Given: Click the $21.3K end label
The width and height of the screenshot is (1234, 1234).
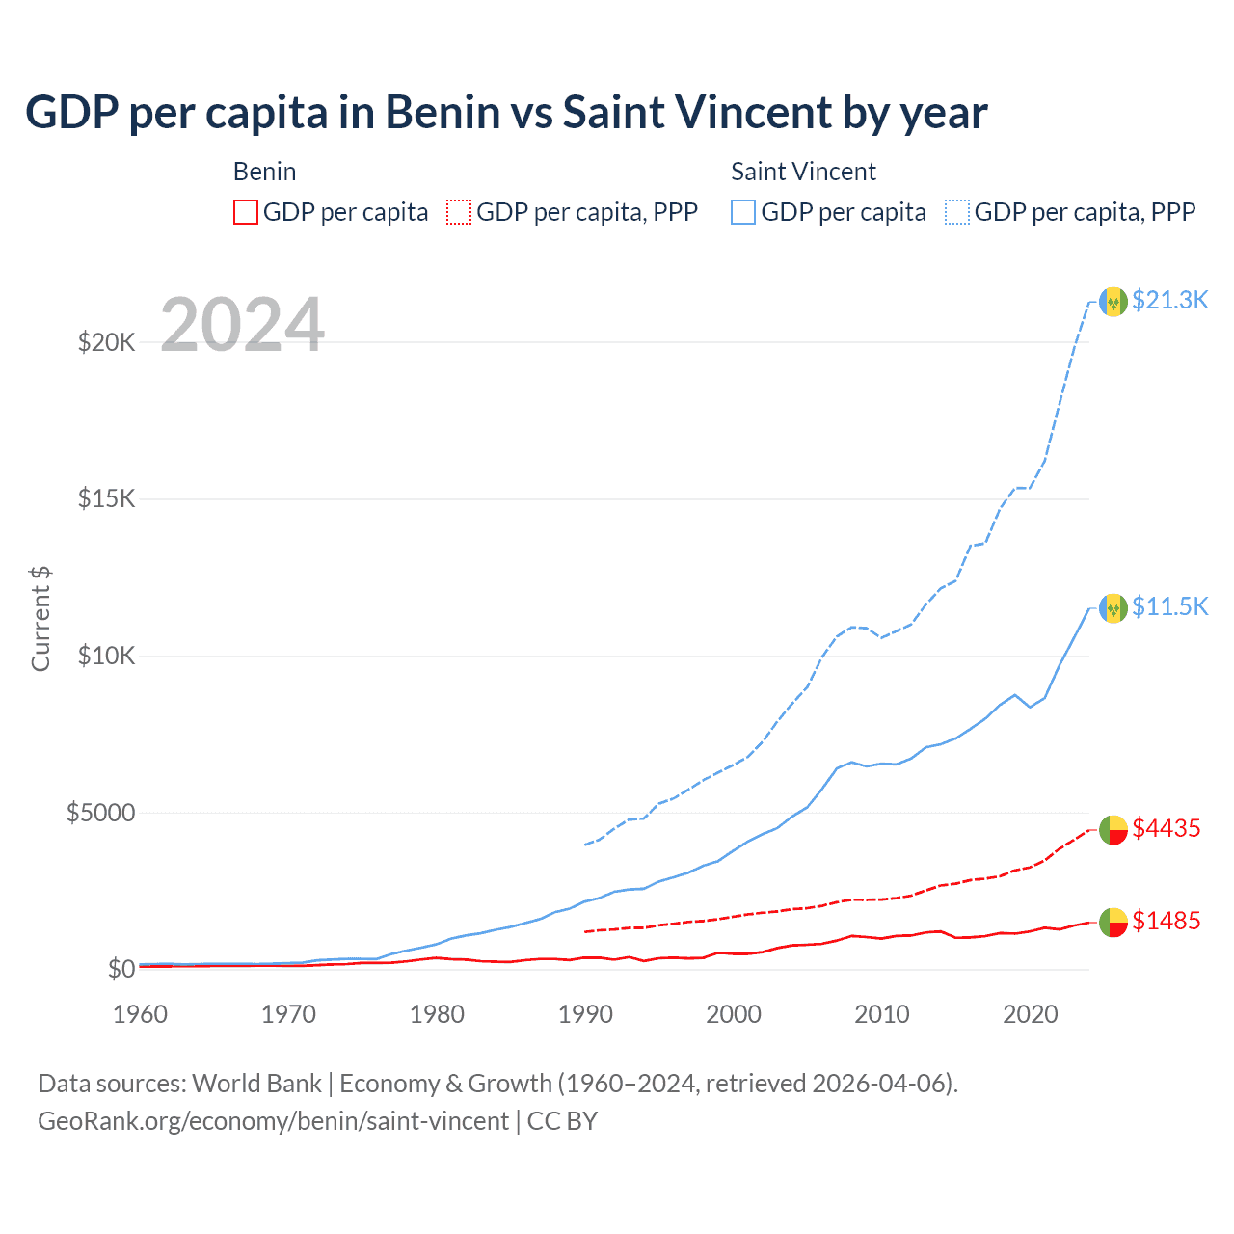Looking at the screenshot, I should coord(1169,300).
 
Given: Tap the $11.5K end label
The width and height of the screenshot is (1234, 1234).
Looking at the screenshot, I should coord(1169,606).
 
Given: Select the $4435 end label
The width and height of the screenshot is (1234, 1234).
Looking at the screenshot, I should coord(1166,828).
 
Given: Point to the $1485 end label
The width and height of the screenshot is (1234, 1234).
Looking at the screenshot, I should coord(1166,921).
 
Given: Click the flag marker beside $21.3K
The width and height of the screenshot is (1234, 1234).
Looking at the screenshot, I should coord(1113,302).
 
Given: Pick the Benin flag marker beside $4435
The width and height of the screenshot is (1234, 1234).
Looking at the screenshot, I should coord(1113,829).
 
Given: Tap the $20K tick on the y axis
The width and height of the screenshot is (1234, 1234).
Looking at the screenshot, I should coord(106,342).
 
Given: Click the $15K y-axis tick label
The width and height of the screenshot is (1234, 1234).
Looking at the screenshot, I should coord(106,499).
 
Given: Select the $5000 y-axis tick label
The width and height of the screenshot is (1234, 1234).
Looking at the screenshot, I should coord(100,813).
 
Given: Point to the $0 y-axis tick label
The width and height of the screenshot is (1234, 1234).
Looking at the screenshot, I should coord(121,970).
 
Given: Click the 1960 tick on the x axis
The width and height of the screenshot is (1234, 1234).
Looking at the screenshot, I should coord(141,1014).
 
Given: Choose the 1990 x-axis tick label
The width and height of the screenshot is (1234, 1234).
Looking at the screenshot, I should coord(585,1014).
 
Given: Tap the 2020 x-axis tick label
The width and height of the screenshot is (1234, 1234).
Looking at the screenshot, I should coord(1031,1014).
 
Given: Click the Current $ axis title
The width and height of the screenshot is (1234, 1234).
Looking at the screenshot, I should coord(40,619).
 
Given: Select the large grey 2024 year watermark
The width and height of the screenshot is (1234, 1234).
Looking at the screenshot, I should coord(242,325).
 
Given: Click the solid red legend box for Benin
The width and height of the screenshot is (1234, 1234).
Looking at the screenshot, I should coord(246,212).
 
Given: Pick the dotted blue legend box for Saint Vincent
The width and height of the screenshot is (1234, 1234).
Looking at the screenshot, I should coord(957,212).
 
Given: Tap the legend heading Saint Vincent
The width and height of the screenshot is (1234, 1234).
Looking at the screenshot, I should coord(803,172).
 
